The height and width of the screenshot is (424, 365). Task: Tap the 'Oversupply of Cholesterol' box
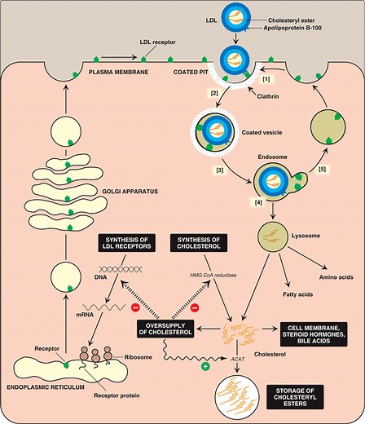coord(169,333)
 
